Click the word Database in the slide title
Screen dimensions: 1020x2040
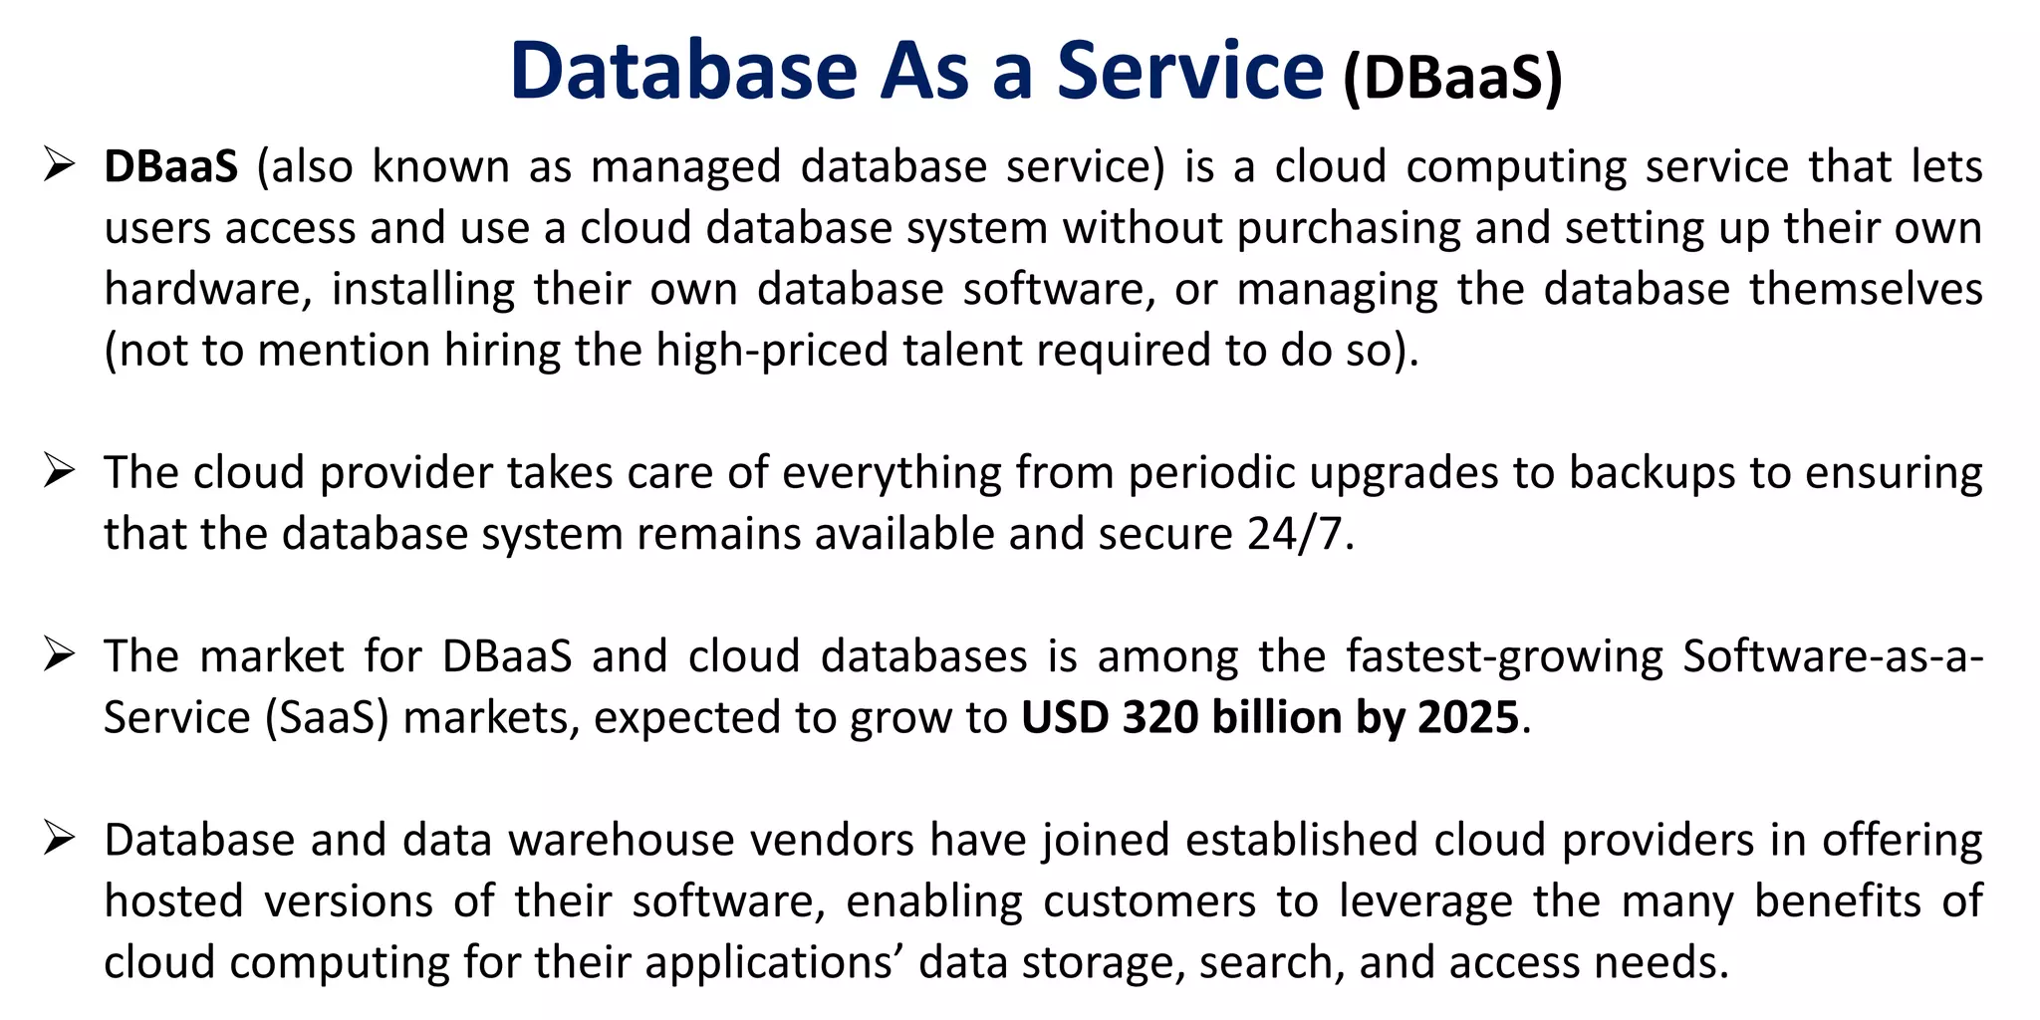(x=683, y=71)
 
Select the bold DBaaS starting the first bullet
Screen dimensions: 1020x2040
(x=171, y=166)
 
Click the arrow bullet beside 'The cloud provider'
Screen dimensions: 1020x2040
(x=60, y=470)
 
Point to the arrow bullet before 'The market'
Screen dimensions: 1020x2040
(x=60, y=654)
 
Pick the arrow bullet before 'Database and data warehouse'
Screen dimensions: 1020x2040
(x=60, y=839)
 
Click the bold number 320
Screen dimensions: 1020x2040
(x=1160, y=718)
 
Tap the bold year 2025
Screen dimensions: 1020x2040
(x=1468, y=718)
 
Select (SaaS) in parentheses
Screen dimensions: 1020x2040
(x=326, y=718)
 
